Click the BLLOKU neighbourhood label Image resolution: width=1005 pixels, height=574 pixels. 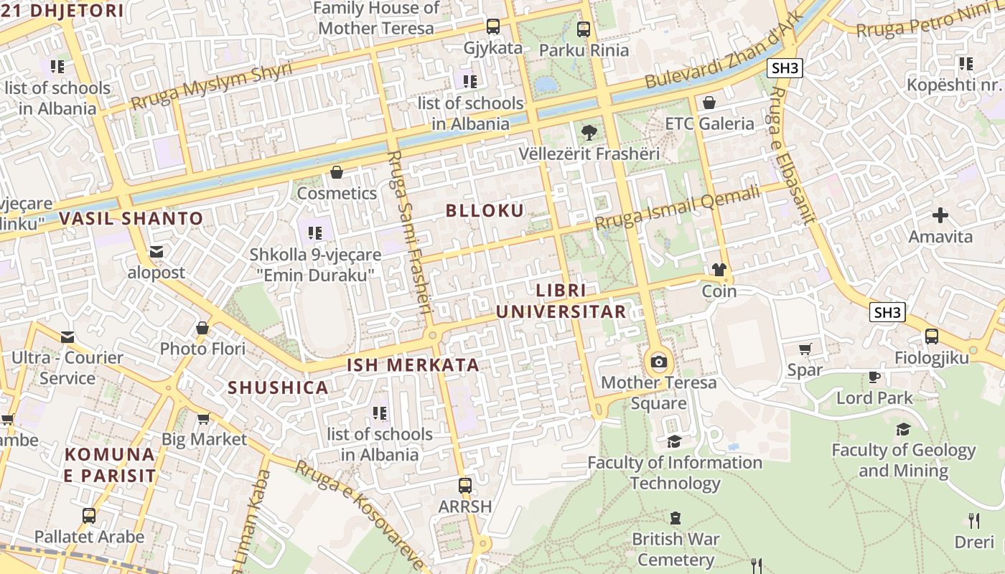(x=485, y=210)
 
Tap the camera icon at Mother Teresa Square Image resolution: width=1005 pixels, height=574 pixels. (x=658, y=362)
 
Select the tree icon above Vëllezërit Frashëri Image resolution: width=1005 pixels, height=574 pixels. (x=589, y=132)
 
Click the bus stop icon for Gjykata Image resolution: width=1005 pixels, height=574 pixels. (x=493, y=27)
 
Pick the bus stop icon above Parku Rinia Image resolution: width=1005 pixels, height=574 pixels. (x=584, y=29)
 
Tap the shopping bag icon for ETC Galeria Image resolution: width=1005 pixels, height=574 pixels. (x=709, y=103)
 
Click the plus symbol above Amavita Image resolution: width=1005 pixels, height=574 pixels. (x=940, y=215)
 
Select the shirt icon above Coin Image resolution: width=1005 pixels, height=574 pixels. (x=719, y=270)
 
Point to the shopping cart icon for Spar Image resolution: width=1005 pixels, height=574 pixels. (x=805, y=349)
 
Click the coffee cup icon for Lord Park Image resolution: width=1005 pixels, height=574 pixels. (x=874, y=377)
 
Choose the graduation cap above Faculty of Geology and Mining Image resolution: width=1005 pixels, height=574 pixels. (x=903, y=429)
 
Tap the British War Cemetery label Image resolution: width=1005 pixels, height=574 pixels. (x=675, y=549)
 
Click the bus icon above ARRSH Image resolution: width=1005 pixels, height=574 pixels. (x=465, y=486)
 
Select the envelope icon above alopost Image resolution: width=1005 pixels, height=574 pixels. (x=156, y=252)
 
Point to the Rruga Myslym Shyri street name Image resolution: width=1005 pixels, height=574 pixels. (x=212, y=87)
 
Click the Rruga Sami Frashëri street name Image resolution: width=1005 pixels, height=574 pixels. (x=408, y=233)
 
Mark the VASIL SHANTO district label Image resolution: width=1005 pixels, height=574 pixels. (x=131, y=218)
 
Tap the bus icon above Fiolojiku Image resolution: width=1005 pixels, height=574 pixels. (x=931, y=336)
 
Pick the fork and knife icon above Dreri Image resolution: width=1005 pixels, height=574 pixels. (x=974, y=520)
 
